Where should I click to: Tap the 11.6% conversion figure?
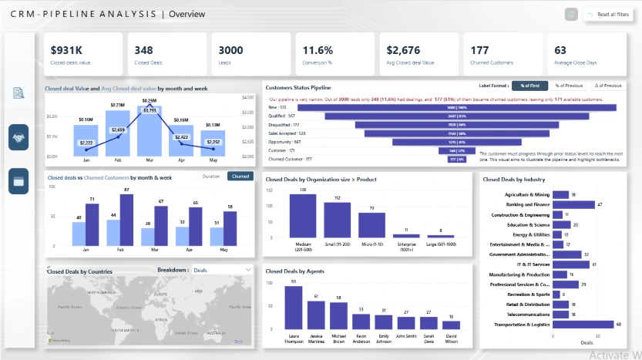(x=318, y=50)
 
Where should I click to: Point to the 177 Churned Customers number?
(x=480, y=50)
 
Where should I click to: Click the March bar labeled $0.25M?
(x=150, y=131)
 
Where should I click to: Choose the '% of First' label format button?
(x=529, y=86)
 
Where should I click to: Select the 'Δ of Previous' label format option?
(x=608, y=86)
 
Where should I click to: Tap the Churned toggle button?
(x=240, y=177)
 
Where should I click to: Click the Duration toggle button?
(x=210, y=177)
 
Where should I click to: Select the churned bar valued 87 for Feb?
(x=126, y=219)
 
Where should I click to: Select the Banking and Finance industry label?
(x=526, y=204)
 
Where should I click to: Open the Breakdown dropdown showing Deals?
(x=222, y=270)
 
